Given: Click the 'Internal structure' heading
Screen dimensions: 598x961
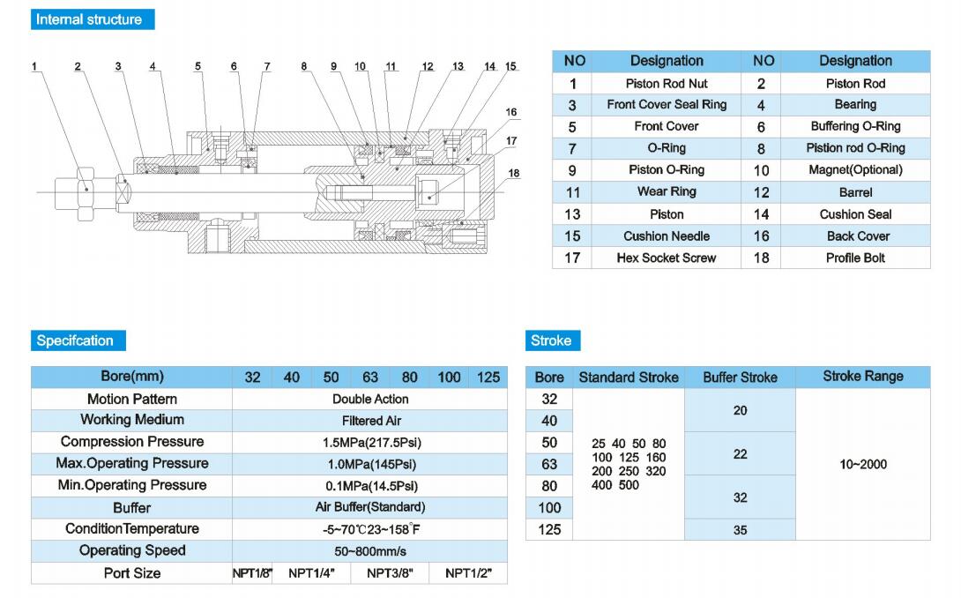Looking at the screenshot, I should (x=88, y=19).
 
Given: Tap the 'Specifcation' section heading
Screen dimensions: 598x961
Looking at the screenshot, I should (x=75, y=340).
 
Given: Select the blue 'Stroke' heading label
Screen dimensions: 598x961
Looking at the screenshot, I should (x=551, y=340).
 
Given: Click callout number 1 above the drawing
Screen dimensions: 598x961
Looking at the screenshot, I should (x=34, y=66).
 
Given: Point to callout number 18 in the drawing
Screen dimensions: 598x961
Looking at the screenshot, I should (x=514, y=174).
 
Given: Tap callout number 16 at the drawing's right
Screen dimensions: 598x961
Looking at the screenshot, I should (x=511, y=112).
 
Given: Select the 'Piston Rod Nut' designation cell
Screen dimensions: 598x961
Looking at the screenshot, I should (x=667, y=84).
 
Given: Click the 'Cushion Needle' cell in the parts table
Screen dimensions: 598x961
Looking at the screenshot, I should (x=667, y=236).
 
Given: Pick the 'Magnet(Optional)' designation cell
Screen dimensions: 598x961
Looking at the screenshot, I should (x=855, y=170).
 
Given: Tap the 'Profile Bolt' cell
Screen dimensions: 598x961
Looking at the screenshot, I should (x=855, y=258).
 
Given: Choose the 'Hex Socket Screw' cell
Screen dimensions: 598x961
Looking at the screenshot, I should (x=667, y=258).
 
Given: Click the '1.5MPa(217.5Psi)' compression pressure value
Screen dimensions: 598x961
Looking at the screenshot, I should (x=370, y=443).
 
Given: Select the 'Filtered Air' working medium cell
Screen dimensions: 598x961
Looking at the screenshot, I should (x=370, y=421).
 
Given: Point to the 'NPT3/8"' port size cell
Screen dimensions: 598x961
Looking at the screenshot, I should (x=390, y=573).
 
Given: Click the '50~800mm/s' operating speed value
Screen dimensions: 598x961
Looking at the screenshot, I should (x=370, y=551).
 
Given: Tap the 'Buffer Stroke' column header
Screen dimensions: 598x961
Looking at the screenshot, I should (x=740, y=377).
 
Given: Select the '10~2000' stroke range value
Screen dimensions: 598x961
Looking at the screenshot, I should (x=862, y=465).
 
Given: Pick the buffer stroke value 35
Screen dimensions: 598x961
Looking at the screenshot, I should (x=740, y=530).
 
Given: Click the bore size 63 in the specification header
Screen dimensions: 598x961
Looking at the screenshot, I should (x=370, y=377).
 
